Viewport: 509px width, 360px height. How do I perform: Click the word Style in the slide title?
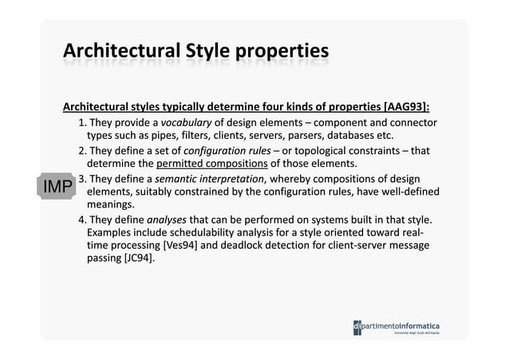click(x=210, y=53)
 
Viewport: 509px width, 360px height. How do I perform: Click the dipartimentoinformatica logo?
click(x=396, y=327)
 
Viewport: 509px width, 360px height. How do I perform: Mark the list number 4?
click(x=82, y=220)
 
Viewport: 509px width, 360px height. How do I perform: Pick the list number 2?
click(x=82, y=151)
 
